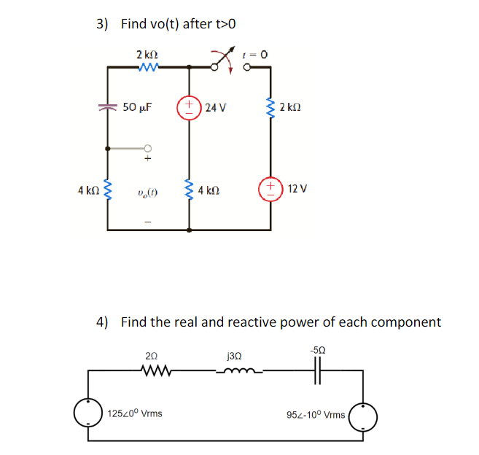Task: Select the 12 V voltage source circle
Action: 270,189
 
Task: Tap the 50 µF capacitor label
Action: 136,107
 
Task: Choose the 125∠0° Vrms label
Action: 135,413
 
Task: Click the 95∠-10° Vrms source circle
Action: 363,416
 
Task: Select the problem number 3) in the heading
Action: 103,24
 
